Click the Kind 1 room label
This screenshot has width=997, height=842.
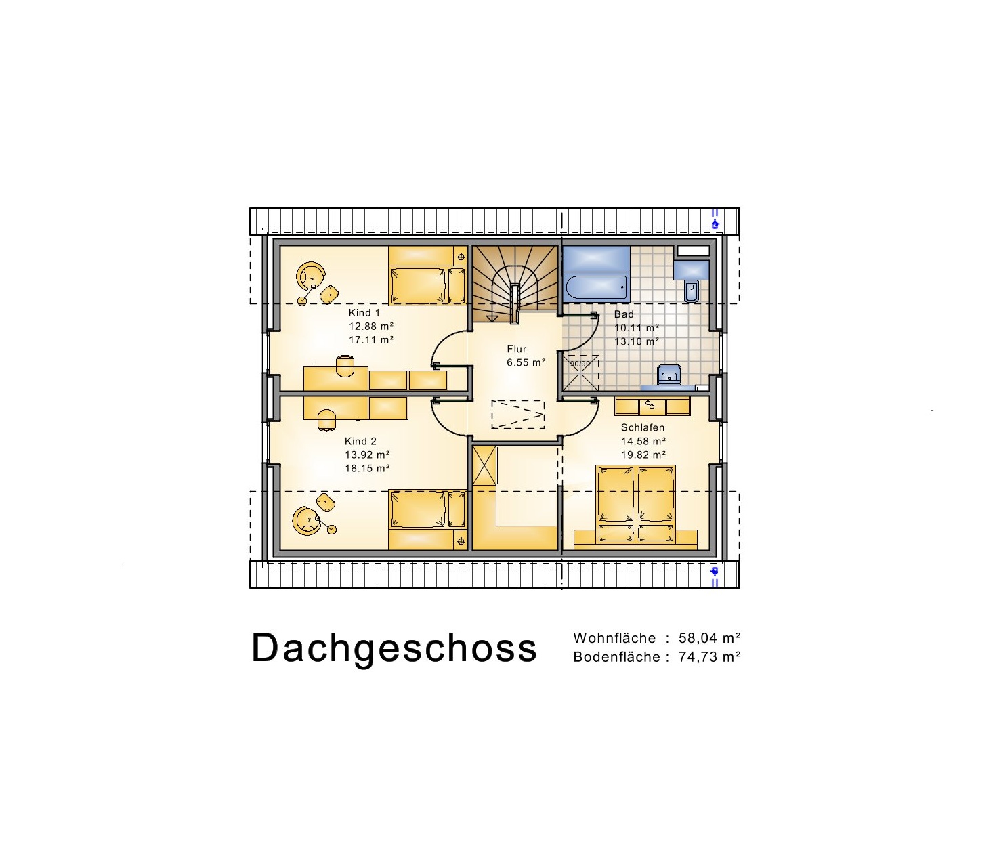(364, 313)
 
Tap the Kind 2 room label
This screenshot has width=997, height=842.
(360, 441)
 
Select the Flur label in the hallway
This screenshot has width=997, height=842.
(517, 349)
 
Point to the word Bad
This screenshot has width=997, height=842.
(624, 314)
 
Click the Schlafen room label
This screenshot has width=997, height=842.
(643, 427)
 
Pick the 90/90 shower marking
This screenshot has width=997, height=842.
(580, 364)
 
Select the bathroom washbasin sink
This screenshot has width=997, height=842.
(669, 375)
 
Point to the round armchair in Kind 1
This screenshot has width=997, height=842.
(310, 276)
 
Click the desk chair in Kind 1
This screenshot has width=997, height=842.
(345, 366)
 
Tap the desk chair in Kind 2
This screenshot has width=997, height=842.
(327, 420)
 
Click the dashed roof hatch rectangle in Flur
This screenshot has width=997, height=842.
(518, 414)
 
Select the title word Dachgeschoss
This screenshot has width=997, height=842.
(394, 649)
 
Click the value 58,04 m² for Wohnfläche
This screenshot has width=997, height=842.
(710, 638)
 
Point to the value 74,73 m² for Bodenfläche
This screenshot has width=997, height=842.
(710, 657)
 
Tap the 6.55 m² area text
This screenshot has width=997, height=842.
(526, 362)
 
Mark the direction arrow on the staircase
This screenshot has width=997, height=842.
(492, 318)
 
